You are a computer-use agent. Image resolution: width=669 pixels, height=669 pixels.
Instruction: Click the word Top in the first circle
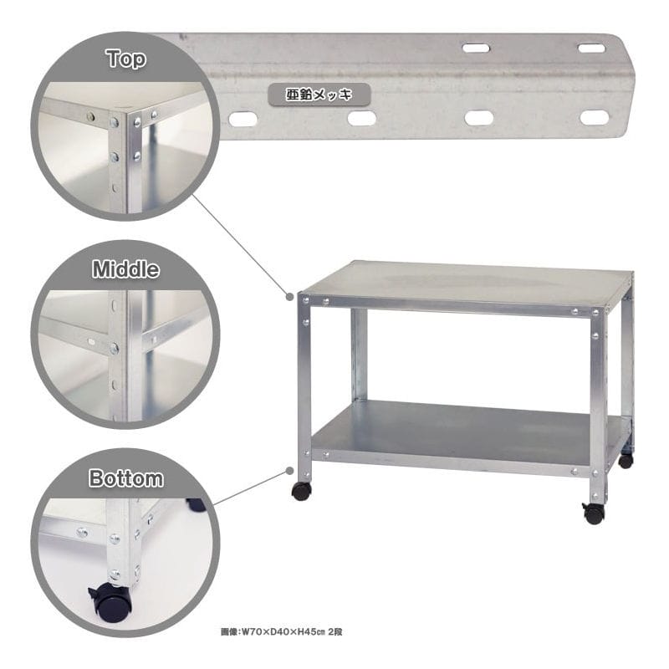(x=126, y=59)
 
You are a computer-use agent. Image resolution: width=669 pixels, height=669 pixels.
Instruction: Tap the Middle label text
(x=126, y=269)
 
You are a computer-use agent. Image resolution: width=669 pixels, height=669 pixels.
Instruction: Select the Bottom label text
(x=126, y=477)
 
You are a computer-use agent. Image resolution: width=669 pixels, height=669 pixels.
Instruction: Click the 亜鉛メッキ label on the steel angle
(x=319, y=94)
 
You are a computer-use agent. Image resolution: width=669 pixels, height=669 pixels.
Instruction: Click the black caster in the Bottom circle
(x=111, y=602)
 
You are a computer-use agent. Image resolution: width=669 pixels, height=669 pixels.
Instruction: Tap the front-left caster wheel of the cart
(x=301, y=492)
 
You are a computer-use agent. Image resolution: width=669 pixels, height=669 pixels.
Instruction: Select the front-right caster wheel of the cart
(x=594, y=513)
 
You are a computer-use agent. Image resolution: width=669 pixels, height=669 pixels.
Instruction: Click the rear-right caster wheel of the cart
(x=626, y=461)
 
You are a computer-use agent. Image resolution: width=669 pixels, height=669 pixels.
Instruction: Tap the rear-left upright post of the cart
(x=359, y=354)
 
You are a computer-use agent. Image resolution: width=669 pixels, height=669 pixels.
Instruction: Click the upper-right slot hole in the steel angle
(x=591, y=49)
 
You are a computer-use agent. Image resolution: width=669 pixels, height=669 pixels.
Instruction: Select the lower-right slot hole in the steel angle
(x=595, y=118)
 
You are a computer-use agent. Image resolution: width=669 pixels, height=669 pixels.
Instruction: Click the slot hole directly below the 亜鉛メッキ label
(x=361, y=118)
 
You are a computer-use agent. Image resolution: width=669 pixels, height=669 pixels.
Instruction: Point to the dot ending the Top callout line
(x=289, y=296)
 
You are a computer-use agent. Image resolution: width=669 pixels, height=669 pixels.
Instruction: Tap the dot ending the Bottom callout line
(x=289, y=471)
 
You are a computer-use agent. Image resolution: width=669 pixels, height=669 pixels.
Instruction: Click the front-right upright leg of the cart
(x=598, y=406)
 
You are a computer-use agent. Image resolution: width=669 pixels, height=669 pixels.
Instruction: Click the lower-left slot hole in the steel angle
(x=243, y=119)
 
